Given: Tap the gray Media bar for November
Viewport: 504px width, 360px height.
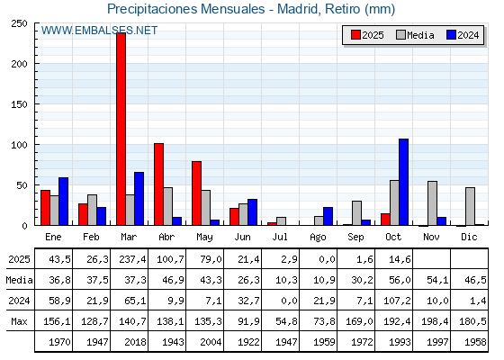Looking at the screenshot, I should [432, 203].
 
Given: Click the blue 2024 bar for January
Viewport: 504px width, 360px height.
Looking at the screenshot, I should [63, 202].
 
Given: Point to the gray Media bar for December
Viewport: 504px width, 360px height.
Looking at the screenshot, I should [470, 206].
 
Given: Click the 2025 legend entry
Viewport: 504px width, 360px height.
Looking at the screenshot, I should [367, 35].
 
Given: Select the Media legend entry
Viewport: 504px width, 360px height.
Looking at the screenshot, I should [415, 35].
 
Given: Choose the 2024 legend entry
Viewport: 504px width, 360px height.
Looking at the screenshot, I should [462, 35].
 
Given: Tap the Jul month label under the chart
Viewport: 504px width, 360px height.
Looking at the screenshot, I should [280, 236].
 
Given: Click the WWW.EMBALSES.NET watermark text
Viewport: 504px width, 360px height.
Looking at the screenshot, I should [99, 31].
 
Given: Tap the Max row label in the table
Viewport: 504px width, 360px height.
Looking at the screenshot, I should [18, 321].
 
